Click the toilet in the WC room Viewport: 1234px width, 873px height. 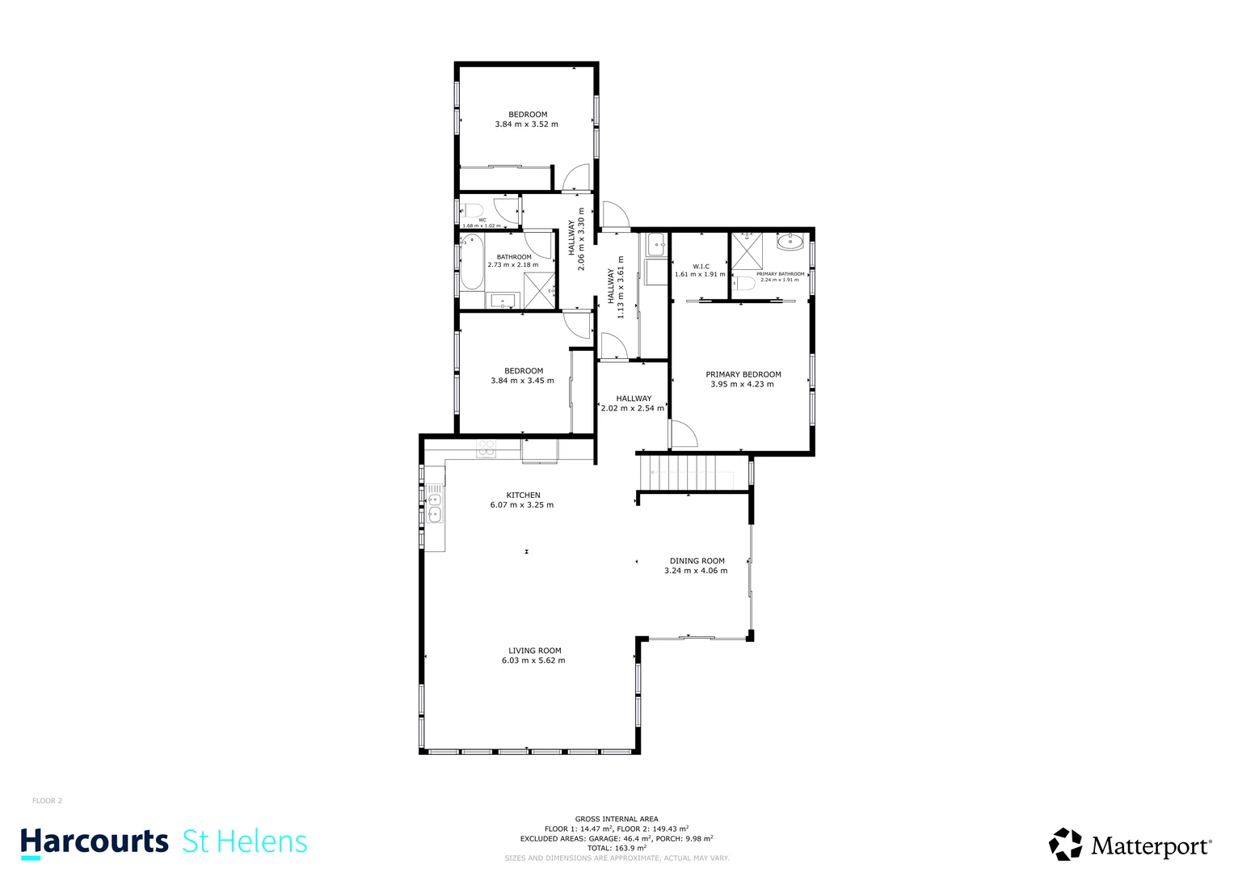pyautogui.click(x=473, y=211)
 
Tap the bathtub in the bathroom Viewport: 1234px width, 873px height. pyautogui.click(x=470, y=262)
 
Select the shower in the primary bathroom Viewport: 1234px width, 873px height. pyautogui.click(x=747, y=251)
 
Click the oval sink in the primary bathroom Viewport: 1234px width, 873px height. pyautogui.click(x=789, y=241)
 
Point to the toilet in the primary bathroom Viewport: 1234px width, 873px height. pyautogui.click(x=745, y=284)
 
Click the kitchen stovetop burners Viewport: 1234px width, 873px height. pyautogui.click(x=486, y=449)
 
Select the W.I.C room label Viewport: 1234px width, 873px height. pyautogui.click(x=701, y=266)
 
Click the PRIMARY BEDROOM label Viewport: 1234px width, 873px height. pyautogui.click(x=743, y=374)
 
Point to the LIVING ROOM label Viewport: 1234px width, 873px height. pyautogui.click(x=534, y=651)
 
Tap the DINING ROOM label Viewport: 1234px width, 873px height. pyautogui.click(x=697, y=561)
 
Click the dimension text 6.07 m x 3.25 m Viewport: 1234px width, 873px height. pyautogui.click(x=522, y=505)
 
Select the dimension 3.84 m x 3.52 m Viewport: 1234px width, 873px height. pyautogui.click(x=526, y=124)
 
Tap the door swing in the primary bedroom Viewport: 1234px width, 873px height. pyautogui.click(x=683, y=434)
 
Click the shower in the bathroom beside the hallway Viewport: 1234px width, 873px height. pyautogui.click(x=539, y=290)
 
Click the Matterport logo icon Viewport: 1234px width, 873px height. pyautogui.click(x=1065, y=845)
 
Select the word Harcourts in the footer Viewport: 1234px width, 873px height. pyautogui.click(x=95, y=842)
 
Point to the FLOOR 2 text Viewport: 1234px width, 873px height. pyautogui.click(x=47, y=801)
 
